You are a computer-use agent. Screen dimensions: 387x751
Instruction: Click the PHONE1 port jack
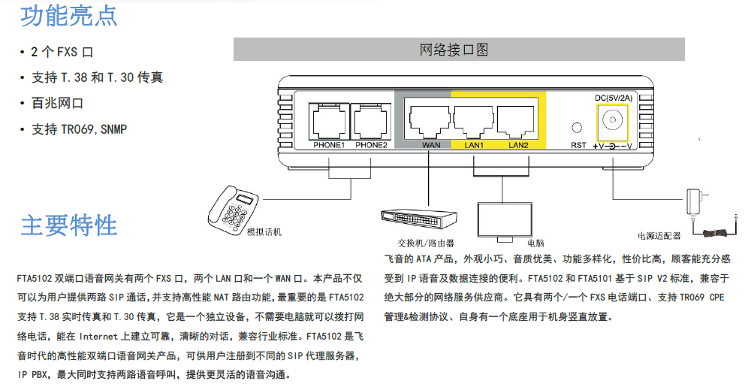(x=328, y=120)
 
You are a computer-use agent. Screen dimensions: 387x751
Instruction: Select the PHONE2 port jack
(x=371, y=120)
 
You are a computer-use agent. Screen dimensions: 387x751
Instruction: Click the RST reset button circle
(x=578, y=129)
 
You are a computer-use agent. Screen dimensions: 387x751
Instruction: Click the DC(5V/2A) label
(x=613, y=98)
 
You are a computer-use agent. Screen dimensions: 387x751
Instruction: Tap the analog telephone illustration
(x=234, y=207)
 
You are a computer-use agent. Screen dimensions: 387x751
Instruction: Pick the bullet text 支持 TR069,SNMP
(x=79, y=129)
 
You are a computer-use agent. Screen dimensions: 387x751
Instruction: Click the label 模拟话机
(x=264, y=232)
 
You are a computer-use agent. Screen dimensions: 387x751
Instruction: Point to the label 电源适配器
(x=659, y=236)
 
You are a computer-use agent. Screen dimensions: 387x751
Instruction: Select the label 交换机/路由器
(x=426, y=243)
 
